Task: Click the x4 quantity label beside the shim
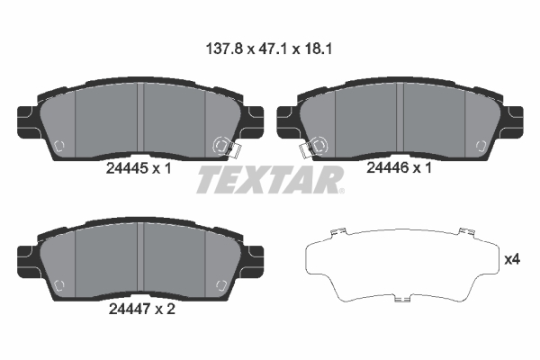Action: [512, 260]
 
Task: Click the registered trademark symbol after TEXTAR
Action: [339, 191]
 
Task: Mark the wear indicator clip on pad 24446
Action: [314, 145]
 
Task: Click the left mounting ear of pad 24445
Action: [26, 119]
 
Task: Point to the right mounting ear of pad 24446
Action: [512, 119]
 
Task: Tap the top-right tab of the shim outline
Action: [465, 233]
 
